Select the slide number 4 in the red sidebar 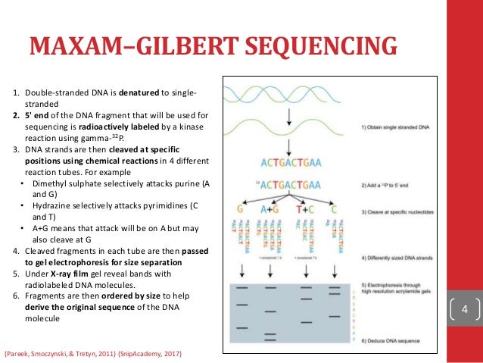pyautogui.click(x=466, y=309)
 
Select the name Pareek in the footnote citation pyautogui.click(x=22, y=354)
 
